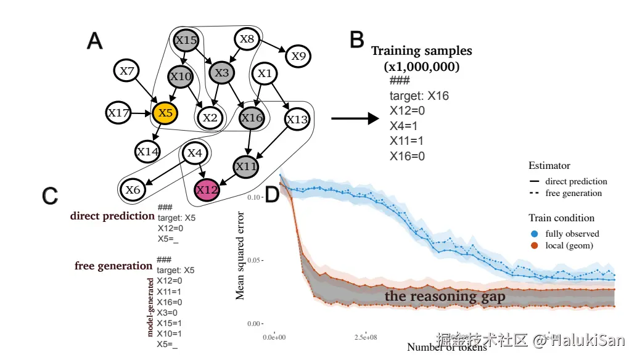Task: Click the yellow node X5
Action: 165,113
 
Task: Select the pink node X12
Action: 207,190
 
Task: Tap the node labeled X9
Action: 298,56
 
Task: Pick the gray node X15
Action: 186,40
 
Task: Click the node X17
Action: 118,113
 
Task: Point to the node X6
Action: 133,190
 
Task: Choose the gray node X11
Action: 246,166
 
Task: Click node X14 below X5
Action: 148,151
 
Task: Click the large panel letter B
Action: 357,40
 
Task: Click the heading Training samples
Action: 421,51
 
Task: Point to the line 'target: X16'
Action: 419,96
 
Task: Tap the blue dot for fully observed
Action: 534,234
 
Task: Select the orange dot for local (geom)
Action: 534,246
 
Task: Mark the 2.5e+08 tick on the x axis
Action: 366,337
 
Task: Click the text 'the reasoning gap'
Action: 445,297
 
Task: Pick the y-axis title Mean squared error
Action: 240,255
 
